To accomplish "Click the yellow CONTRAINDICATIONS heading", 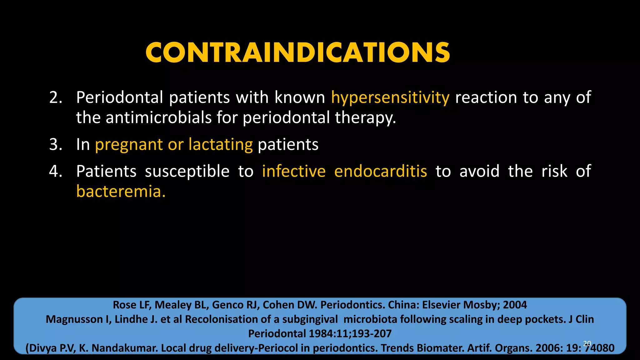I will [x=297, y=53].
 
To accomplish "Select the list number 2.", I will [x=56, y=97].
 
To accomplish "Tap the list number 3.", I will [x=56, y=145].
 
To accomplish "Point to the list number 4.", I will [x=56, y=171].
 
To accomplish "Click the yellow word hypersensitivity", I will [x=390, y=98].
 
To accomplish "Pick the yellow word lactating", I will [x=220, y=145].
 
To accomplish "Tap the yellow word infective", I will [x=294, y=171].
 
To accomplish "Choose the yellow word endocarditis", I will [x=380, y=171].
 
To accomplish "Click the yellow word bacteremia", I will [x=121, y=191].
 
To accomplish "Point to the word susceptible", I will [x=187, y=172].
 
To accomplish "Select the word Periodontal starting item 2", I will [x=120, y=97].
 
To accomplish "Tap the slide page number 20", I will [x=587, y=343].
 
